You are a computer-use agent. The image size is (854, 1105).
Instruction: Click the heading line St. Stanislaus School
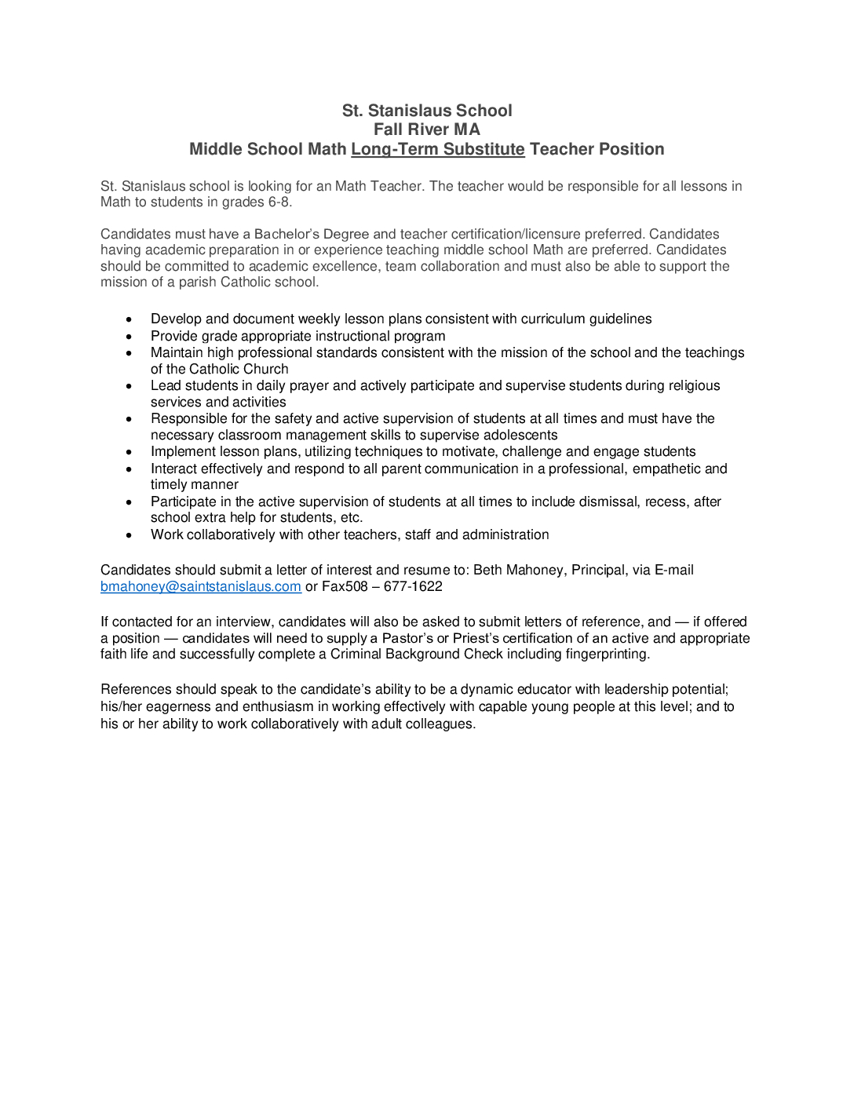pyautogui.click(x=427, y=111)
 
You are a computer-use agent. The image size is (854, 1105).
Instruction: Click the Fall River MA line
pyautogui.click(x=427, y=129)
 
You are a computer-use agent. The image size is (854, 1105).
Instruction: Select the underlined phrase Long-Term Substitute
pyautogui.click(x=437, y=149)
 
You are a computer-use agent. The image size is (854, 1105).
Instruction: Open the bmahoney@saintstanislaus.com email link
pyautogui.click(x=201, y=586)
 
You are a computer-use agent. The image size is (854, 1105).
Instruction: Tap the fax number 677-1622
pyautogui.click(x=413, y=586)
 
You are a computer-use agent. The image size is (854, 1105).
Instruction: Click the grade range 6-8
pyautogui.click(x=279, y=202)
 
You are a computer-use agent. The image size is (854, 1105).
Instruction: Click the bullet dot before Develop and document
pyautogui.click(x=130, y=319)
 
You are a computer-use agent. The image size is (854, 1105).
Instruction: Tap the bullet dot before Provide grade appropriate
pyautogui.click(x=130, y=337)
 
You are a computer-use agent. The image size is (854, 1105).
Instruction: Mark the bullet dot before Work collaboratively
pyautogui.click(x=130, y=535)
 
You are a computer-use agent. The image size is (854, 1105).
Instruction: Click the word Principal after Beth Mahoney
pyautogui.click(x=600, y=570)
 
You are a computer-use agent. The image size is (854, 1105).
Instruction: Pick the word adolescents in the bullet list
pyautogui.click(x=522, y=435)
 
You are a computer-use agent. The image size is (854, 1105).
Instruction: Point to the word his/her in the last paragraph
pyautogui.click(x=122, y=706)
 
